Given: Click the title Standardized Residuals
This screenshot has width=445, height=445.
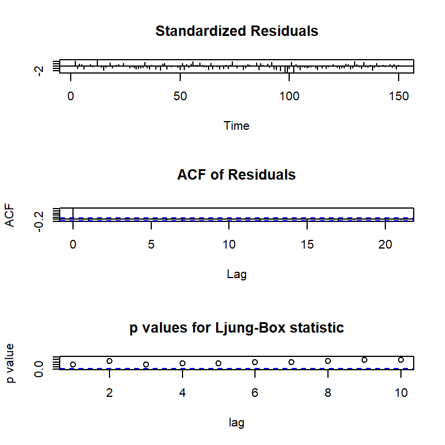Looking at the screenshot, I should click(236, 31).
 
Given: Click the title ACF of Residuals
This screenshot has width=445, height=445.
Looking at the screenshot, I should click(236, 174).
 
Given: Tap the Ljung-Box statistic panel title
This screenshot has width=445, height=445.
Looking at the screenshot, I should click(236, 328).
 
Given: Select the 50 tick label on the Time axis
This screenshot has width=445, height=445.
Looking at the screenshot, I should click(180, 95).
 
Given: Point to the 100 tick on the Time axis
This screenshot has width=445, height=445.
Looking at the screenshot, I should click(290, 95).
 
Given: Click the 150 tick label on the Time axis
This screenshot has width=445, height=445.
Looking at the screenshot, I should click(399, 95).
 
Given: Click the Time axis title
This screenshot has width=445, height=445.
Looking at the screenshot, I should click(236, 125).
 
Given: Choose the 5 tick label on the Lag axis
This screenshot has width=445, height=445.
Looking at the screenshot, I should click(151, 244).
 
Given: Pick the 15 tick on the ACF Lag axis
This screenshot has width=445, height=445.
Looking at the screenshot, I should click(307, 244).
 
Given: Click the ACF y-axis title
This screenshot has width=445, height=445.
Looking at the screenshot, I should click(10, 214).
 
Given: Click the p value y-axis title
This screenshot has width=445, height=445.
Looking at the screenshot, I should click(10, 363).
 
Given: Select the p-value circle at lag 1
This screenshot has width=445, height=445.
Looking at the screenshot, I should click(73, 364).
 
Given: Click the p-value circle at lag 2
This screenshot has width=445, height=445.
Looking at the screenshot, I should click(110, 361).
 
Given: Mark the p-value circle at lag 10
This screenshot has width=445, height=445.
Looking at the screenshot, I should click(400, 360).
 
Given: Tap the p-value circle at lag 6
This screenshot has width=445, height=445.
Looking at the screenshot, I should click(255, 362).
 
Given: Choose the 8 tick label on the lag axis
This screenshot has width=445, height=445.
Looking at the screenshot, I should click(327, 392).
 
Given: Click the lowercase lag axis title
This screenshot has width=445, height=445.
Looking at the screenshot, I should click(236, 423).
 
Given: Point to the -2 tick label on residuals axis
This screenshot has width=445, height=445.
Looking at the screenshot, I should click(39, 70).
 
